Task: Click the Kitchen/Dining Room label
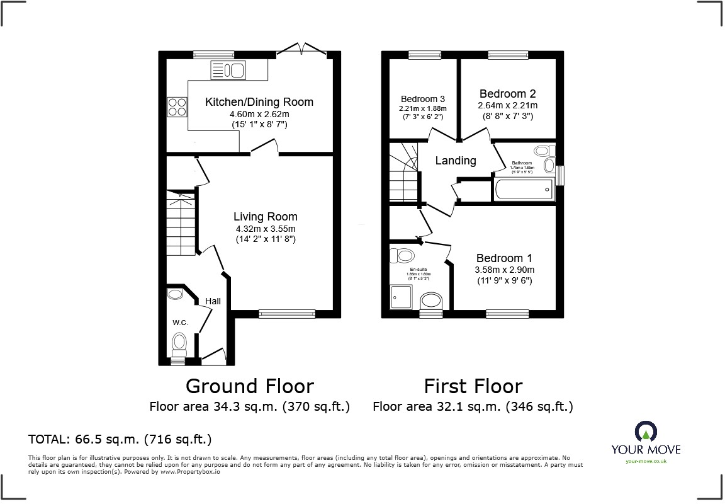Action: point(259,102)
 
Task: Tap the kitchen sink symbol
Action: point(227,70)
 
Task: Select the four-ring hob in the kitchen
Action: point(177,107)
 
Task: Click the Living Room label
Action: point(265,217)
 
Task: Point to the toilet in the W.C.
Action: point(179,343)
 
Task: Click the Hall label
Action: point(213,302)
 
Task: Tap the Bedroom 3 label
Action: point(423,99)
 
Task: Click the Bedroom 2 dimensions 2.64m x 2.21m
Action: point(508,105)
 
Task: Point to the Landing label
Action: point(456,161)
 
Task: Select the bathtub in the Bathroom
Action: point(523,189)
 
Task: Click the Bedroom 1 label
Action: point(504,258)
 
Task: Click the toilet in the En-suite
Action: point(403,255)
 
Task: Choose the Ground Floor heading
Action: point(249,386)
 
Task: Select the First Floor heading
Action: point(473,386)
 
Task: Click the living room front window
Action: point(287,314)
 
